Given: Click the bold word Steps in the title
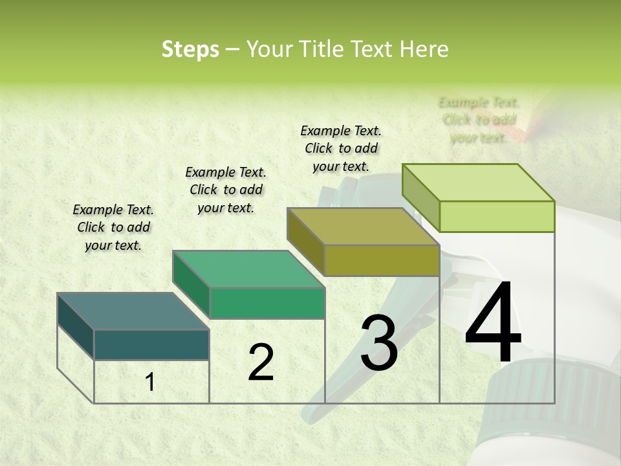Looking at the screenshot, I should tap(190, 49).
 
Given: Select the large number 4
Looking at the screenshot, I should tap(493, 324).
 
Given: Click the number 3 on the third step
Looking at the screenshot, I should tap(379, 343).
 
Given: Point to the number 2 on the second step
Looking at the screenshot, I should tap(261, 362).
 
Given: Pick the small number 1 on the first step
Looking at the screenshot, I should tap(150, 383).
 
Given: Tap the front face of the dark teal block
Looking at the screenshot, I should tap(151, 344).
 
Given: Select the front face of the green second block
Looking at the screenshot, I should tap(267, 303).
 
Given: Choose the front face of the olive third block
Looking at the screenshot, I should tap(382, 260).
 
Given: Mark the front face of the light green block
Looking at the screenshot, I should tap(497, 216).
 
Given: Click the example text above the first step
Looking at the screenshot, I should tap(113, 227).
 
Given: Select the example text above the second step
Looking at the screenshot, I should tap(226, 190).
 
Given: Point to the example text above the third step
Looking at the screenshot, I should tap(341, 148).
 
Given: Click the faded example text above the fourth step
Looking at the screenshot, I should tap(479, 120).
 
